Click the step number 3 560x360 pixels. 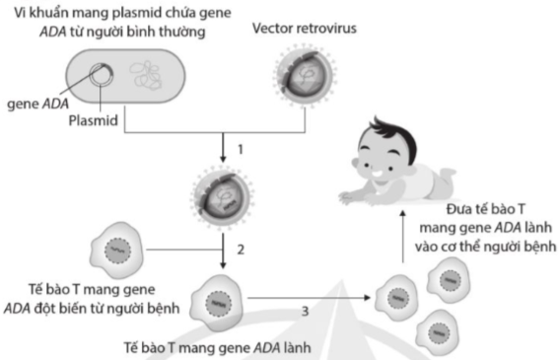pyautogui.click(x=305, y=311)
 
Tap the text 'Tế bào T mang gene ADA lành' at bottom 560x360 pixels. pyautogui.click(x=216, y=347)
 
